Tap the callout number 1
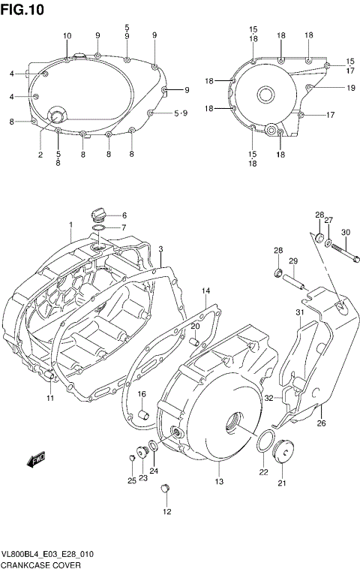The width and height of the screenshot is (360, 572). point(70,225)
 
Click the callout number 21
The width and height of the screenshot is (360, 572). point(283,483)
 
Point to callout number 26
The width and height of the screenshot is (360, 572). point(321,423)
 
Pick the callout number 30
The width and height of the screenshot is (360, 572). point(346,232)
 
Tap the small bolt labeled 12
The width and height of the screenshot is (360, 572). point(166,490)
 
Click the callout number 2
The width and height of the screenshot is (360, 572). point(40,155)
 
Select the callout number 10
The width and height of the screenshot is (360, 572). point(67,36)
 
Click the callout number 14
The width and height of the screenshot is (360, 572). point(205,290)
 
